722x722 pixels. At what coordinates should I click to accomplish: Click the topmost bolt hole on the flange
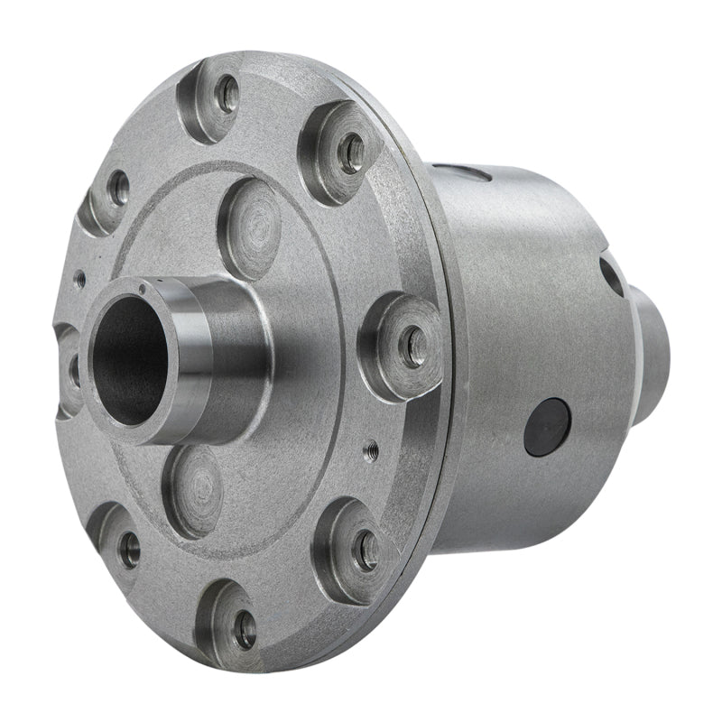tap(229, 94)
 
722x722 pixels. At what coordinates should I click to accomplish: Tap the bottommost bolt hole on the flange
tap(244, 629)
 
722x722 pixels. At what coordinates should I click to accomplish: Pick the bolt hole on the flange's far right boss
tap(413, 347)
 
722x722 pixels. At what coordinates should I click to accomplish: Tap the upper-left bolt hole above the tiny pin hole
tap(118, 188)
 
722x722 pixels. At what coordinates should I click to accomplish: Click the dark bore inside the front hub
tap(128, 361)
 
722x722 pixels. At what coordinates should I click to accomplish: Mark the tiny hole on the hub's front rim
tap(142, 289)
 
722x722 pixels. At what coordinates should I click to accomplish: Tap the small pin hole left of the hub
tap(80, 280)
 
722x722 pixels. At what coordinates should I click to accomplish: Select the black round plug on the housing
tap(547, 427)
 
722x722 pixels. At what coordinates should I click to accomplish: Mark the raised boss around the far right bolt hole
tap(401, 347)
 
